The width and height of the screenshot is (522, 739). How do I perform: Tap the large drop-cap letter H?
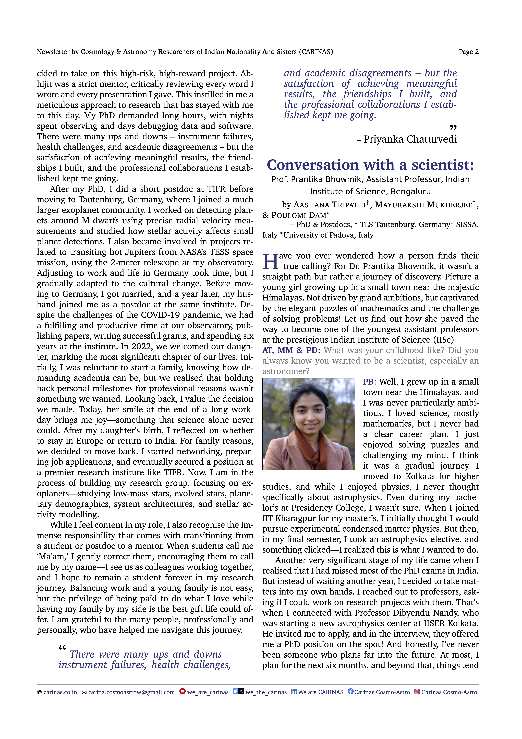pyautogui.click(x=270, y=261)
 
